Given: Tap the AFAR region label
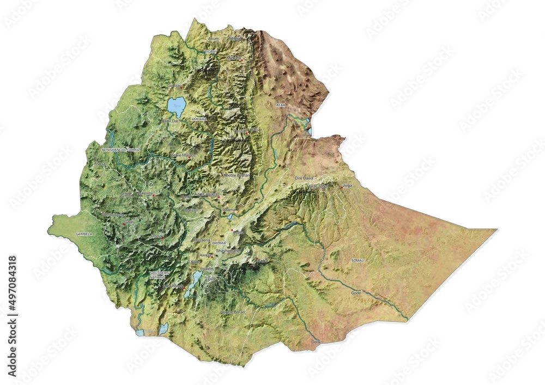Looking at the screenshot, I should [x=281, y=106].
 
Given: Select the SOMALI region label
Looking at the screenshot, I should [x=358, y=261].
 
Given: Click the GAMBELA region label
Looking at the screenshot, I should [x=84, y=234].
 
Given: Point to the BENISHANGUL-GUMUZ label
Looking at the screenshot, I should [x=121, y=149].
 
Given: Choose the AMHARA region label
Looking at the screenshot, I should [x=198, y=118].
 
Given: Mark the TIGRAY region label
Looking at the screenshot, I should [x=211, y=51].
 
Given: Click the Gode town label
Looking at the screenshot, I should [x=356, y=293].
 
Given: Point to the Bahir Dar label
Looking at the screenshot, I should [x=170, y=121].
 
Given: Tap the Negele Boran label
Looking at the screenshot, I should [x=233, y=312].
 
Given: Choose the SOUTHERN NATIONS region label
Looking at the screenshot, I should [x=159, y=274].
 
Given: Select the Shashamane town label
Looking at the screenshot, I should [x=228, y=250].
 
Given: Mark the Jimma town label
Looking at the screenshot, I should [x=155, y=237].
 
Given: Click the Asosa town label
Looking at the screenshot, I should [x=100, y=163].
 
